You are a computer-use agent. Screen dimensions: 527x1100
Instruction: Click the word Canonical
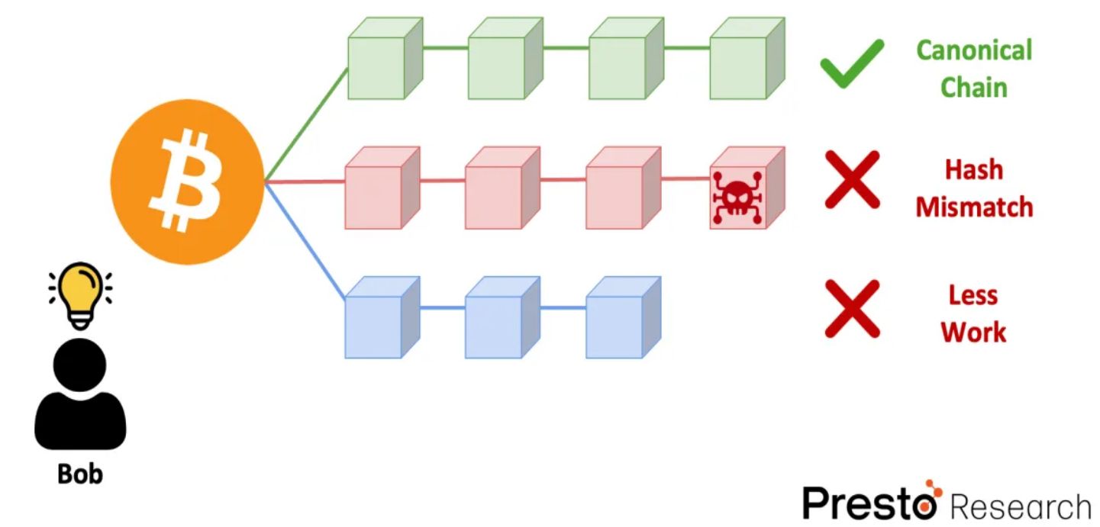pos(973,50)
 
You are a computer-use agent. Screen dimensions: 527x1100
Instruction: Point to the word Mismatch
pos(974,207)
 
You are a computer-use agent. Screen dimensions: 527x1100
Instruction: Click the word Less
pos(973,295)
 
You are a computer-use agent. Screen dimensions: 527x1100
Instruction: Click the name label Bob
pos(79,474)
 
